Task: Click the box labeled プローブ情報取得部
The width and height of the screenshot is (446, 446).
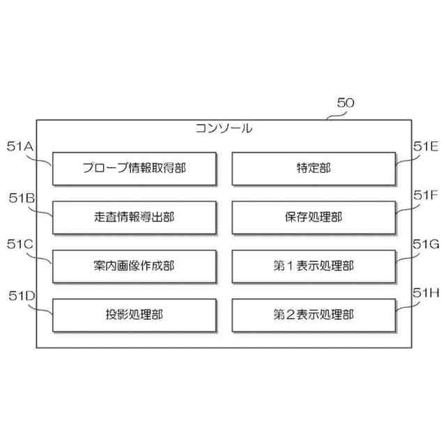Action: (134, 168)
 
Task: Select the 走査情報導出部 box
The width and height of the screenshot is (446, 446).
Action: (134, 217)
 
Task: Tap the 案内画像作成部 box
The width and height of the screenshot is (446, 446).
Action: (134, 266)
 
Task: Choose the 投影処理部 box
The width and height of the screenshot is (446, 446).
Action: (134, 314)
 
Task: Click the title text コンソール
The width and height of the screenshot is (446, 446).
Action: (224, 128)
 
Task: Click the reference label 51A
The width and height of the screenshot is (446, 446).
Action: (21, 146)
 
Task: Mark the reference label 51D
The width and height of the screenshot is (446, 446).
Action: (21, 295)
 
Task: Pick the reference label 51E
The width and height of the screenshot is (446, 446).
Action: (424, 146)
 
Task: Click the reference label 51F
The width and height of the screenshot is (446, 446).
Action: (424, 196)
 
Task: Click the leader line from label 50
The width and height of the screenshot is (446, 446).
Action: (332, 114)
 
